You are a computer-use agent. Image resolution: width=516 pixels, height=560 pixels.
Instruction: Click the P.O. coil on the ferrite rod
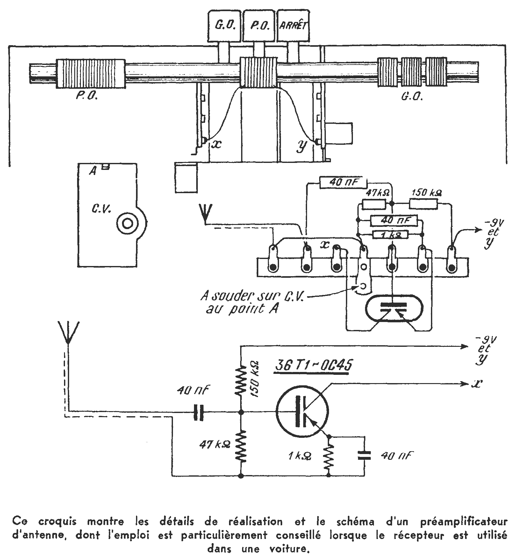tap(90, 73)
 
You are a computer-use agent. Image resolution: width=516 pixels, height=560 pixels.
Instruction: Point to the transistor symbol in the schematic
tap(302, 412)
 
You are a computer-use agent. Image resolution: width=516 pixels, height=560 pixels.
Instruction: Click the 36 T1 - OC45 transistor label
tap(313, 366)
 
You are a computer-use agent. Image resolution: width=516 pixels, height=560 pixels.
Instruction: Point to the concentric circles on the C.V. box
tap(127, 223)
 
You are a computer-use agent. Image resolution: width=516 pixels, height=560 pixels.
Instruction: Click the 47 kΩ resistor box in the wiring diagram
tap(374, 204)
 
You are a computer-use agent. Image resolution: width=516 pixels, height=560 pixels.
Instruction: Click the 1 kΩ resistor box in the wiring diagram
tap(390, 235)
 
